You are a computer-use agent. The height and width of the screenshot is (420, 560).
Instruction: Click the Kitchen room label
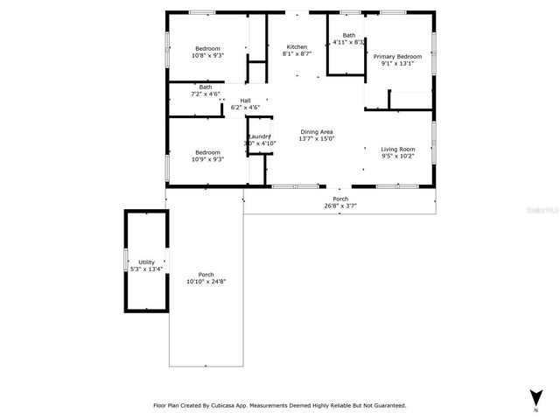point(297,46)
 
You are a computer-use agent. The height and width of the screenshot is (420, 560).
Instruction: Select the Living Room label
point(397,149)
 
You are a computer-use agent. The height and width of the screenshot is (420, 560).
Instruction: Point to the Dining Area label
point(317,131)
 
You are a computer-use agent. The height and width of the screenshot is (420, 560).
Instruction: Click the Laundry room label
point(259,136)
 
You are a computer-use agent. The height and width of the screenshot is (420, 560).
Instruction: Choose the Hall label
point(246,101)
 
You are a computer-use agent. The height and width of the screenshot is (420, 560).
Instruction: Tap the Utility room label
point(146,262)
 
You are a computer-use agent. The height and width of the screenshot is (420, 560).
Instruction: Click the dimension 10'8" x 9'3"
point(207,55)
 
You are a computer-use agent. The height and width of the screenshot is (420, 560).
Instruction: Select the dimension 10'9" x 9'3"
point(207,159)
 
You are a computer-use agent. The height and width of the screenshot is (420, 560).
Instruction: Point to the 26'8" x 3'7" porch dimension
point(340,206)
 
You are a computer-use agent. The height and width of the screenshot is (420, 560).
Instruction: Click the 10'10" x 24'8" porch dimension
point(206,282)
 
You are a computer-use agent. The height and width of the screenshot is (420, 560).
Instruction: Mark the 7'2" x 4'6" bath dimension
point(205,94)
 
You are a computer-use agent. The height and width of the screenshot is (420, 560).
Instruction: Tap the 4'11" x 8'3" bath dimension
point(349,42)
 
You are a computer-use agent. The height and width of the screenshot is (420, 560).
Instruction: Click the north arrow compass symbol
point(535,397)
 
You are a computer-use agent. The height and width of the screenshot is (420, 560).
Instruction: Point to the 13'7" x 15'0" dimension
point(317,138)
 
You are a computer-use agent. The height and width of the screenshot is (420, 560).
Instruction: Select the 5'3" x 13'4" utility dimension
point(146,269)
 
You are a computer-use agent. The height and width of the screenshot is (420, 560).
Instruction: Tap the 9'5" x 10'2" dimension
point(397,157)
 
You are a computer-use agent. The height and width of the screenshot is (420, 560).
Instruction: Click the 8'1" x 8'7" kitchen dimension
point(297,54)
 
